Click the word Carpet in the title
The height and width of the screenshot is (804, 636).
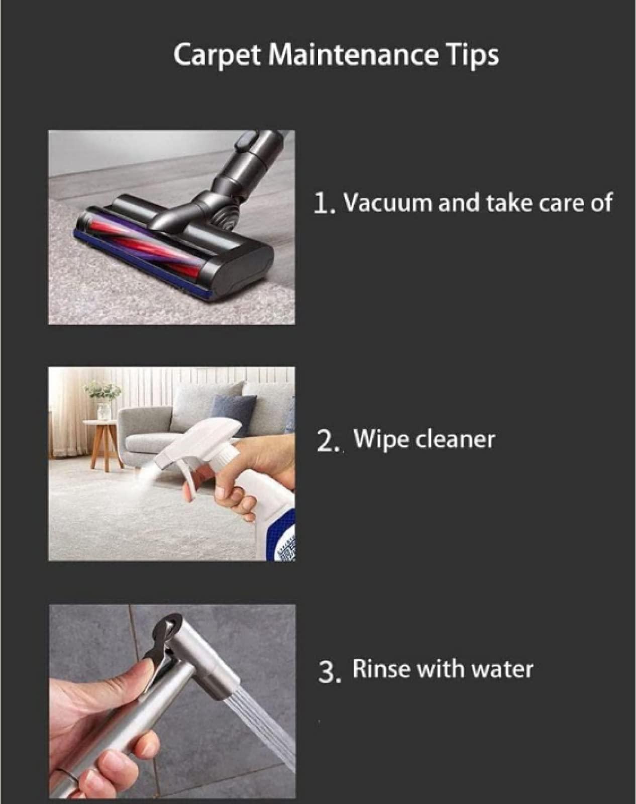tap(217, 55)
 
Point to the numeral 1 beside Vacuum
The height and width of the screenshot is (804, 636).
tap(321, 204)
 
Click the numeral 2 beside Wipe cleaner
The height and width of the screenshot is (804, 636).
tap(324, 442)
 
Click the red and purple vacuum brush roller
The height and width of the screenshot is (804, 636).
tap(142, 242)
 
